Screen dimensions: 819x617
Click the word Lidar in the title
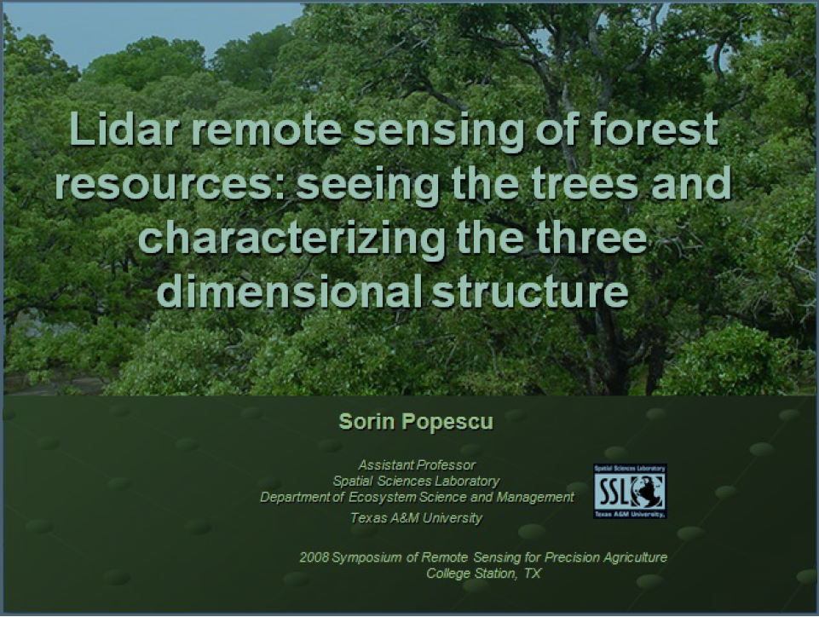[122, 128]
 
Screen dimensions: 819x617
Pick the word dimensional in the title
[290, 291]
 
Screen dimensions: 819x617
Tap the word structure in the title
[530, 292]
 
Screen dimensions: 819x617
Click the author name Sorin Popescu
[416, 422]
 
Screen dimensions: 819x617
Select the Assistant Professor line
[417, 465]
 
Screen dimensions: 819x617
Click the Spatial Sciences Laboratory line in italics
[416, 481]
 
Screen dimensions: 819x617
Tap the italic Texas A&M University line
[416, 518]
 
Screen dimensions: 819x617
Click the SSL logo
[630, 491]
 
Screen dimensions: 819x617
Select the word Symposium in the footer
[367, 558]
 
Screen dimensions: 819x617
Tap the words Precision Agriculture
[606, 557]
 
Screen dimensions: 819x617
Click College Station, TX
[484, 574]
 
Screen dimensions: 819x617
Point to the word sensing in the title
[438, 130]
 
